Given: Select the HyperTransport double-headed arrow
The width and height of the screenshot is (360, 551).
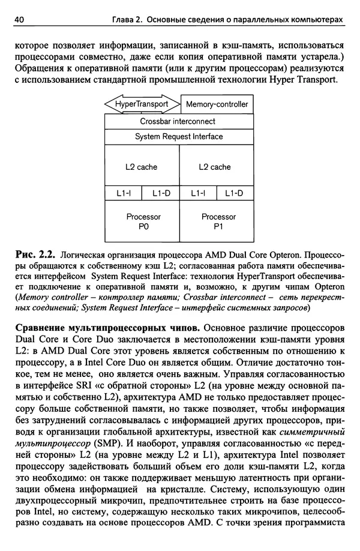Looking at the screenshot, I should pos(142,104).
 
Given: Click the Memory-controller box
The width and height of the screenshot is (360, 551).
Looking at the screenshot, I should pos(217,104).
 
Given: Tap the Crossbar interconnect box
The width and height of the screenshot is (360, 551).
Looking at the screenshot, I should pos(178,121).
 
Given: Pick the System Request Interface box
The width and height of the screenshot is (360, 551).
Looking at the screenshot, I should pos(178,136).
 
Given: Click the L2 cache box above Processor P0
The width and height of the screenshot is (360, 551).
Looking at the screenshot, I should pos(142,167).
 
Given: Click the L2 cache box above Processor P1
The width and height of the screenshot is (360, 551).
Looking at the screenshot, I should pos(215,167).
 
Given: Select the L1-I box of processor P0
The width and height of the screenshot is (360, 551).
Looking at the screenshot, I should pos(123,193).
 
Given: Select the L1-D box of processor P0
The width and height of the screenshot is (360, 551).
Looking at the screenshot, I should pos(161,193).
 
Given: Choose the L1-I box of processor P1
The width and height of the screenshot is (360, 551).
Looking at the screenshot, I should pos(198,193).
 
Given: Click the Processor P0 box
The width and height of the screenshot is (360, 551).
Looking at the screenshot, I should pos(142,221).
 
